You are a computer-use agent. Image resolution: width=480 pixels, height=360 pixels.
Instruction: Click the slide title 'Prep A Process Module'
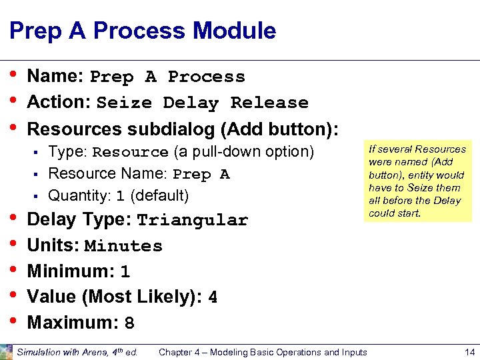coord(143,31)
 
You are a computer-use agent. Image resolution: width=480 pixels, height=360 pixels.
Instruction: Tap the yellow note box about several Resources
coord(417,181)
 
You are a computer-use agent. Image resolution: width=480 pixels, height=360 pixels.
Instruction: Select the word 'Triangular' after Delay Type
coord(192,221)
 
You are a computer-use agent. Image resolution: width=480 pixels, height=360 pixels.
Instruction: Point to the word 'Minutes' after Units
coord(123,247)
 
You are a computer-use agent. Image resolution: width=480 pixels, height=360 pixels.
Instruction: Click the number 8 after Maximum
coord(129,324)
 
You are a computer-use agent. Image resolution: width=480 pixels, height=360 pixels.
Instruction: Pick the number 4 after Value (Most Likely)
coord(213,298)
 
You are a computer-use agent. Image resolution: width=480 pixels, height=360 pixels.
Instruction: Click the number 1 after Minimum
coord(125,272)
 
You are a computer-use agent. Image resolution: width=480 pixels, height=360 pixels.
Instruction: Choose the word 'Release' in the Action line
coord(269,103)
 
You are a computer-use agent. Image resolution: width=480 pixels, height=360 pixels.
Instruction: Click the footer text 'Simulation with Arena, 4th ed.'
coord(77,352)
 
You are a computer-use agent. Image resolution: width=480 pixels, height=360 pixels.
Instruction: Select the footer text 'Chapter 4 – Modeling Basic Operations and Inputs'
coord(263,352)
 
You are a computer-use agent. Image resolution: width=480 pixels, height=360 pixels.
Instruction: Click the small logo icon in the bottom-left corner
coord(6,351)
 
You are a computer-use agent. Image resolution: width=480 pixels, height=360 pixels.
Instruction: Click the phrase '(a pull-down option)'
coord(243,152)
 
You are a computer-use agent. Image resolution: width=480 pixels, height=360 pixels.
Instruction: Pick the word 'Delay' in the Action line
coord(190,103)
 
